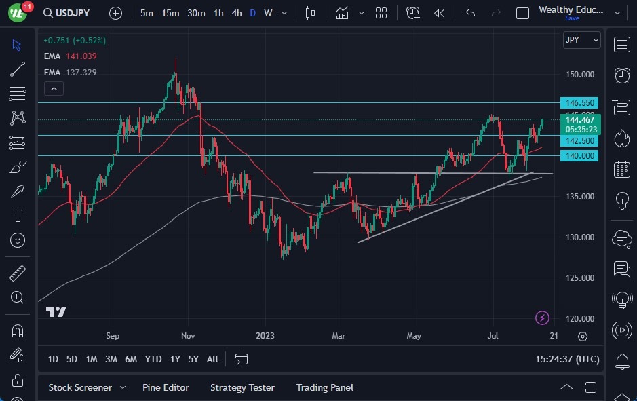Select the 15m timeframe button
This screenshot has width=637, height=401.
coord(170,13)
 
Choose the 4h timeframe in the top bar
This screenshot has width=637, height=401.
coord(236,13)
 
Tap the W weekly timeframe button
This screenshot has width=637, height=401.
coord(268,13)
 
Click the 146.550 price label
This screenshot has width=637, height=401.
coord(579,103)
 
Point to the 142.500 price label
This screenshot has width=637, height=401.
coord(579,141)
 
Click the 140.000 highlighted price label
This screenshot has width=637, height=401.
coord(579,156)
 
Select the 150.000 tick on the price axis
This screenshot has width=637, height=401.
coord(581,75)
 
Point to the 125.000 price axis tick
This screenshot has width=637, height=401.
coord(581,278)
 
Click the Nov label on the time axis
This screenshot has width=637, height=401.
coord(189,336)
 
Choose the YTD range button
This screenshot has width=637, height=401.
coord(153,359)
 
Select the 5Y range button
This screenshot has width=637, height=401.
coord(194,359)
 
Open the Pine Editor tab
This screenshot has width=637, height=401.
coord(166,387)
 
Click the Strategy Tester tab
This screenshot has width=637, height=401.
coord(242,387)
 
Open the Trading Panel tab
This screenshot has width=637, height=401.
coord(325,387)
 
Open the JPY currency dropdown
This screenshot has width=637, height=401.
coord(582,40)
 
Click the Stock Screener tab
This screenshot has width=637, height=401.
coord(80,387)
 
